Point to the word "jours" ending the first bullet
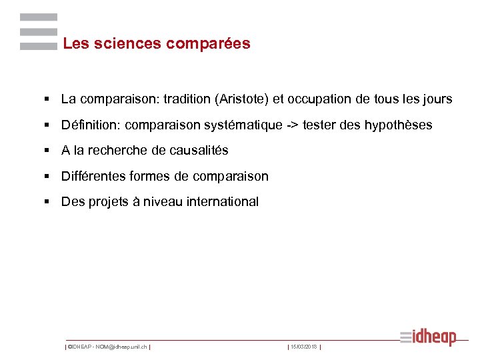pos(437,99)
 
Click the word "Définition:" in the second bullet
pos(91,125)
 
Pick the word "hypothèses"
pos(399,125)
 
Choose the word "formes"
pos(150,177)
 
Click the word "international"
pos(222,202)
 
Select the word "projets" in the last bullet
pos(107,202)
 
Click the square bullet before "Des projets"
pos(48,202)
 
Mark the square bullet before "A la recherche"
pos(48,151)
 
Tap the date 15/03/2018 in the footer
pos(304,347)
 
